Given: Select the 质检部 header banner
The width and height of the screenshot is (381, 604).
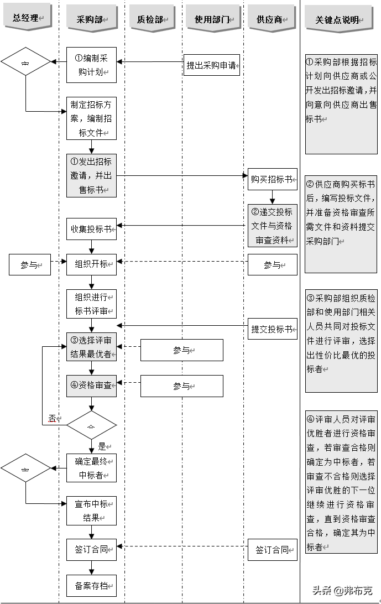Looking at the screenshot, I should [151, 19].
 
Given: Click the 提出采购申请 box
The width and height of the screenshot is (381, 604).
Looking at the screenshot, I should [212, 66].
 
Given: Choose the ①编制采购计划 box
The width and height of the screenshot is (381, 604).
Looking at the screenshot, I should [91, 65].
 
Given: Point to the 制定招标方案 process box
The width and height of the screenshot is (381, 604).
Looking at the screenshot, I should [91, 118].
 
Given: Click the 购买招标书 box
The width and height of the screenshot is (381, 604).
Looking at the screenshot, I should [272, 179].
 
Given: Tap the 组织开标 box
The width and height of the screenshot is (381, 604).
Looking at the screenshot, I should [91, 264].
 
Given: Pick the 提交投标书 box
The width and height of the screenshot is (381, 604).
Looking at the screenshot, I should [272, 329].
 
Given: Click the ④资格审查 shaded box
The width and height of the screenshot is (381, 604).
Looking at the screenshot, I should [91, 385].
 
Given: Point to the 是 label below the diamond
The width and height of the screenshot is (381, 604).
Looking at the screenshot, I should [102, 446].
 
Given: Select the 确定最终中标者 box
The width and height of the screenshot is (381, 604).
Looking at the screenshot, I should [91, 467].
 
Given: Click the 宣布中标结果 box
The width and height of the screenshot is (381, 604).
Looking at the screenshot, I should [91, 511].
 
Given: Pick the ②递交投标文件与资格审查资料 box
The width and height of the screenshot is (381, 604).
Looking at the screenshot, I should [272, 226].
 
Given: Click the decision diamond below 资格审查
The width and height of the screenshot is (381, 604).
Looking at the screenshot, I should [91, 425].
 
